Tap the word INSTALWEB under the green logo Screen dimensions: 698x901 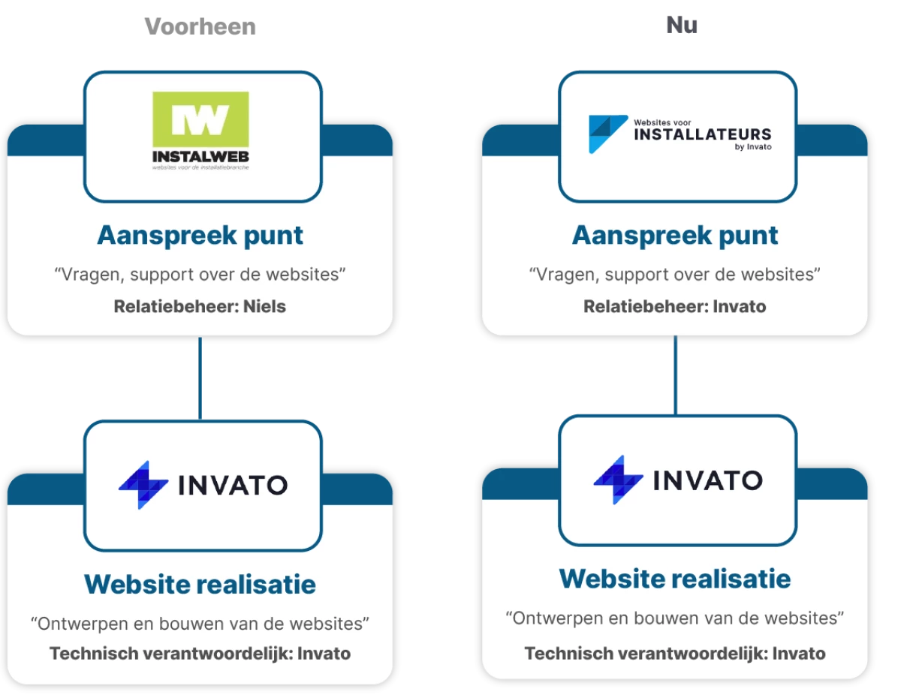pyautogui.click(x=200, y=157)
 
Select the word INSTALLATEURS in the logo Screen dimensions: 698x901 pyautogui.click(x=703, y=134)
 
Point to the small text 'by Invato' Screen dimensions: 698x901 pyautogui.click(x=752, y=147)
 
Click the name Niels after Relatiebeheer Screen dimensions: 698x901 pyautogui.click(x=264, y=306)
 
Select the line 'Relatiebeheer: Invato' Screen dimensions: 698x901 pyautogui.click(x=674, y=306)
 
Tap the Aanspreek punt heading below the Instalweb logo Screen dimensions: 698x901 pyautogui.click(x=200, y=235)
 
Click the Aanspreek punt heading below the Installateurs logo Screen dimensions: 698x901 pyautogui.click(x=675, y=235)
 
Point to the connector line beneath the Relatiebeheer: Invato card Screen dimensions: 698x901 pyautogui.click(x=676, y=375)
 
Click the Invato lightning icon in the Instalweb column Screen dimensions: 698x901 pyautogui.click(x=143, y=485)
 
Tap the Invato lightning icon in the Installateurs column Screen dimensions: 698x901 pyautogui.click(x=618, y=480)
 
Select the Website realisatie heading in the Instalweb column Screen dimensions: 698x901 pyautogui.click(x=200, y=584)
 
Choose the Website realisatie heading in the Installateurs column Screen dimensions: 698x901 pyautogui.click(x=675, y=579)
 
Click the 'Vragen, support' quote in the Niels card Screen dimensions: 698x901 pyautogui.click(x=200, y=274)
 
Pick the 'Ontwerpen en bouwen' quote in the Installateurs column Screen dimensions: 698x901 pyautogui.click(x=675, y=618)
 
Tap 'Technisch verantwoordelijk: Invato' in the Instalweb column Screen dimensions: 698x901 pyautogui.click(x=200, y=654)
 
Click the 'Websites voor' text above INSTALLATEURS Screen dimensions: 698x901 pyautogui.click(x=663, y=120)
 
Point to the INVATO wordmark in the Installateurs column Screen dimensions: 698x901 pyautogui.click(x=708, y=480)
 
